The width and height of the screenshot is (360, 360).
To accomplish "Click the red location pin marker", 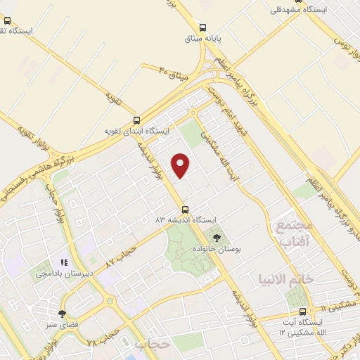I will coord(181,165).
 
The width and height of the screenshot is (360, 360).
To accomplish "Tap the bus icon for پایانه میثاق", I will coord(202,22).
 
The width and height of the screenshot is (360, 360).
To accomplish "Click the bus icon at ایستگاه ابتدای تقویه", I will coord(136,120).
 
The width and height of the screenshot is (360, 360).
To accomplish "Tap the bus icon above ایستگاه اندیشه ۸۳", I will coord(186,209).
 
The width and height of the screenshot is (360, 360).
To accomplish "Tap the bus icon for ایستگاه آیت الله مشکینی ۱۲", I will coord(302,311).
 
